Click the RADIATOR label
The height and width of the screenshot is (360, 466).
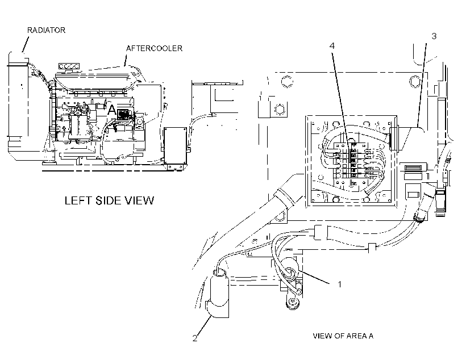(46, 30)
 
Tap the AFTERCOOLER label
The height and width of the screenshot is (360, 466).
(154, 48)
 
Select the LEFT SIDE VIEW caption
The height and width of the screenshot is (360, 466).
(109, 200)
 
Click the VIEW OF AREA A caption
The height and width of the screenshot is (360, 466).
(343, 336)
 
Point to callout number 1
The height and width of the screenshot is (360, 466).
(340, 284)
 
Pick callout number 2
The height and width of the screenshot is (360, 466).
(195, 338)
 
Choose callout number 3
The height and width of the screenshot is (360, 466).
(434, 36)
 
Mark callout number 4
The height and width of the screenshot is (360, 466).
(332, 46)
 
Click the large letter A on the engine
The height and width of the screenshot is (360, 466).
(111, 110)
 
